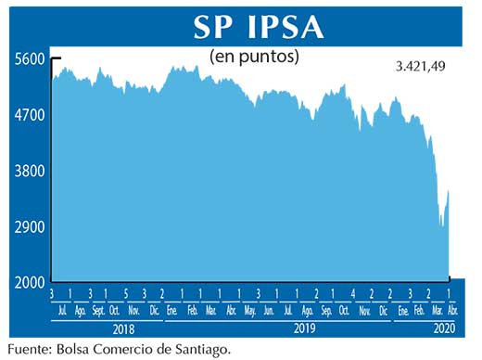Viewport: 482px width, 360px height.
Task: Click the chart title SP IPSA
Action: click(x=259, y=26)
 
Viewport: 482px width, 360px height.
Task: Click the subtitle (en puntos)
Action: click(x=255, y=57)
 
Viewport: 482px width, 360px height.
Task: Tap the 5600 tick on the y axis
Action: click(x=30, y=59)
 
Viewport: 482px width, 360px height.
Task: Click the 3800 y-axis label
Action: click(x=30, y=171)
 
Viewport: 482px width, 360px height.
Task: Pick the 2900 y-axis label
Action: click(x=30, y=226)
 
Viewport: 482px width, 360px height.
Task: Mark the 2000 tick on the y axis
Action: click(x=30, y=281)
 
